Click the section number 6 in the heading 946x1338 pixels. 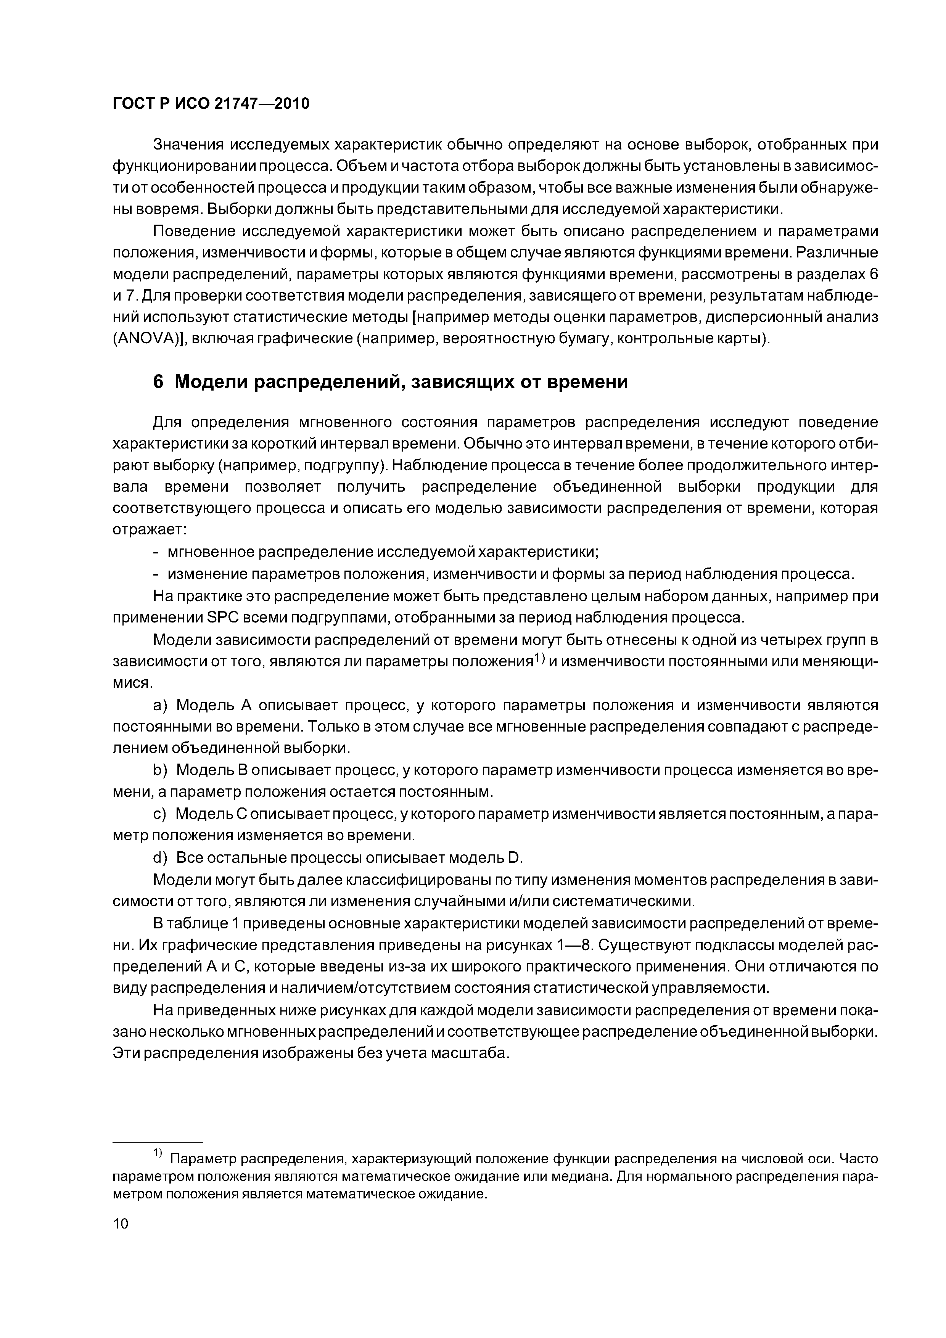point(158,382)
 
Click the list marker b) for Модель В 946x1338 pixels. point(160,770)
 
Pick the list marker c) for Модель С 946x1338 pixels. point(160,814)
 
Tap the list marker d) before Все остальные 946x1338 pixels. point(160,857)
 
